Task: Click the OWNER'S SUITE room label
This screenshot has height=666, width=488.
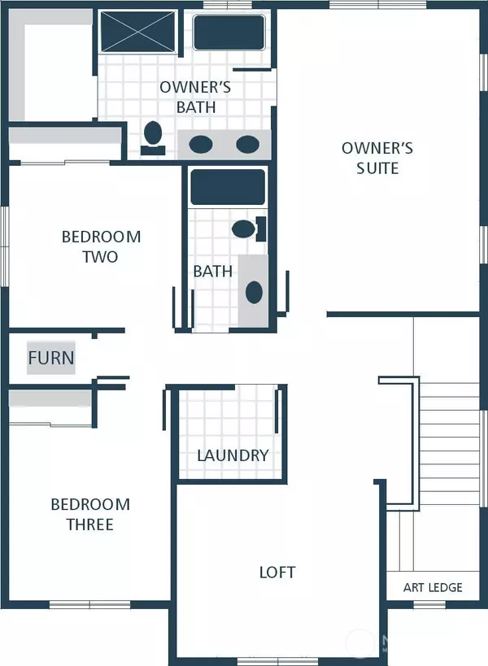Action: (377, 158)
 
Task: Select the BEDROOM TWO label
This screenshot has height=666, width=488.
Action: (101, 246)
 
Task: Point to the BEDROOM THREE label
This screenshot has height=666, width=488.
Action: (89, 514)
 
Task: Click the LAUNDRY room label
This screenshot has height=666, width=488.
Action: (233, 455)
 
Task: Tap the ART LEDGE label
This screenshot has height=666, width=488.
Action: (433, 587)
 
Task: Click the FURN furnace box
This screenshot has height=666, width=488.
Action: (51, 358)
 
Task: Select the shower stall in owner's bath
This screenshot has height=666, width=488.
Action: (137, 32)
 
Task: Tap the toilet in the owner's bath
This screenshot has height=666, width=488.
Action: (152, 135)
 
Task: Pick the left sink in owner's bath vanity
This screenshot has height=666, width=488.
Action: (201, 145)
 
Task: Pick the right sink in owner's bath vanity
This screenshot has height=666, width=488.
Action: (246, 145)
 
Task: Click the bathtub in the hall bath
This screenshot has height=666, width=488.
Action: (227, 187)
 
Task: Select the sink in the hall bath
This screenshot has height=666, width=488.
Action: (254, 292)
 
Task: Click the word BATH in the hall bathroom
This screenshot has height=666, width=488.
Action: (212, 271)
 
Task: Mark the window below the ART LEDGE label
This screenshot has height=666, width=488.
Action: (429, 604)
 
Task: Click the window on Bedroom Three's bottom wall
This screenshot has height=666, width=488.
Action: (89, 604)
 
